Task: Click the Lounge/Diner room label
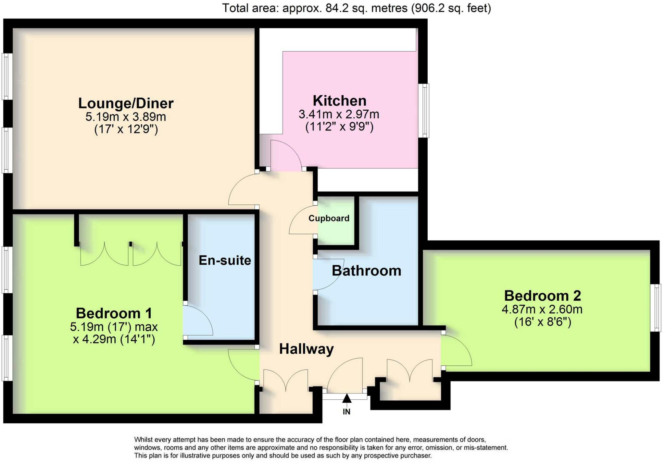click(x=126, y=104)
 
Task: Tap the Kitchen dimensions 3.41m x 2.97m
click(x=339, y=114)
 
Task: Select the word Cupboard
click(x=329, y=218)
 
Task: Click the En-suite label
click(x=225, y=261)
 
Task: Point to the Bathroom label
click(x=366, y=271)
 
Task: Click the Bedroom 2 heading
click(x=542, y=296)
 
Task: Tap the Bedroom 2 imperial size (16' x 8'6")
click(x=542, y=322)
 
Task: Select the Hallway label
click(x=306, y=349)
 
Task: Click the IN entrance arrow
click(x=346, y=398)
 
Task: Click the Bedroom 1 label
click(x=114, y=313)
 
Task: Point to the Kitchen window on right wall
click(x=423, y=110)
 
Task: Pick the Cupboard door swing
click(x=302, y=221)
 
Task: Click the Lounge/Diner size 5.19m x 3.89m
click(x=126, y=116)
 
